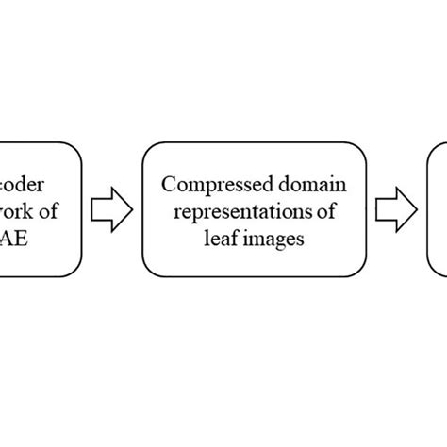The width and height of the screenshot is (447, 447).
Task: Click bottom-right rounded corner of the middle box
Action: click(371, 273)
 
